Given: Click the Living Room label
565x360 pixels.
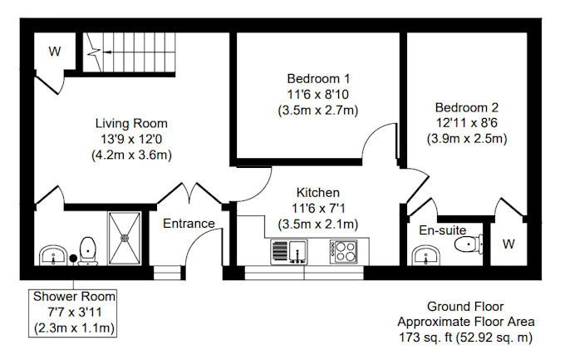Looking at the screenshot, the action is (131, 123).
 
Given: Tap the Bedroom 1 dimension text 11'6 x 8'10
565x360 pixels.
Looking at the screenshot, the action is (317, 95).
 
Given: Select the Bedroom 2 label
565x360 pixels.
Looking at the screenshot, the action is (467, 107).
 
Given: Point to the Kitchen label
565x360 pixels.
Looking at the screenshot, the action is (317, 193).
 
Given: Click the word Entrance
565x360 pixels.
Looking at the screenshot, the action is (189, 224).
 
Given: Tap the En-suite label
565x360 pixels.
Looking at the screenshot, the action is (443, 230).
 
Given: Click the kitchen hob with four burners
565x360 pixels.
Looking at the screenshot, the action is (343, 251).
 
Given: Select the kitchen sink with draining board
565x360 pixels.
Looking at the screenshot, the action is (289, 252).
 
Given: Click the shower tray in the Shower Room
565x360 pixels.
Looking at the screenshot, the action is (125, 239).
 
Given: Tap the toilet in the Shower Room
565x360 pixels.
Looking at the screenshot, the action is (88, 251).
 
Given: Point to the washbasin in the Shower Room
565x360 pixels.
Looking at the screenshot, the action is (52, 255).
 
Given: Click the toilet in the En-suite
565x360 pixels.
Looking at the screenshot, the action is (469, 244).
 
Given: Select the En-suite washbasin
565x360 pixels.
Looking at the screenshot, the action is (426, 255).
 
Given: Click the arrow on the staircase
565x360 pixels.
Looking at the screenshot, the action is (107, 52).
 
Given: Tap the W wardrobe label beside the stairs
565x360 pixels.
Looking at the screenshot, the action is (55, 52).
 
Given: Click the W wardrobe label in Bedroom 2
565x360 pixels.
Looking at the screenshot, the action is (508, 244).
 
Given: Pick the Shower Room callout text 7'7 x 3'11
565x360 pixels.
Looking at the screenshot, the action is (75, 312).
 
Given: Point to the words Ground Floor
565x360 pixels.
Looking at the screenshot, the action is (465, 307).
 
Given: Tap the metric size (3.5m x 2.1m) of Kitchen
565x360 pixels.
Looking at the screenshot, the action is (317, 224).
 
